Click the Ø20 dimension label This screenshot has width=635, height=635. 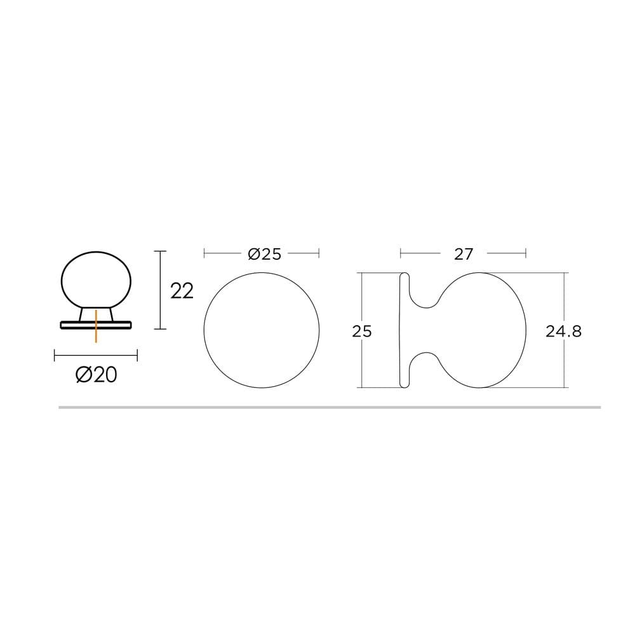click(97, 375)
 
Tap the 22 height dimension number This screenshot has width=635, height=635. click(182, 291)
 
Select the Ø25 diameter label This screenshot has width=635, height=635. click(264, 254)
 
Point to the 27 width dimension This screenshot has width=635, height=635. click(464, 254)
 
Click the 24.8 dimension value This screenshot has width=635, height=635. click(563, 331)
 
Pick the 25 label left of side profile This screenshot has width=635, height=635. click(362, 331)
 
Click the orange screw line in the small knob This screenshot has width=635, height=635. click(96, 326)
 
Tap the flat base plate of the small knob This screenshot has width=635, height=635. click(96, 324)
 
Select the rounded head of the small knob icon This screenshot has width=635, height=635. click(96, 280)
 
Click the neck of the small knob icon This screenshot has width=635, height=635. click(96, 315)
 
